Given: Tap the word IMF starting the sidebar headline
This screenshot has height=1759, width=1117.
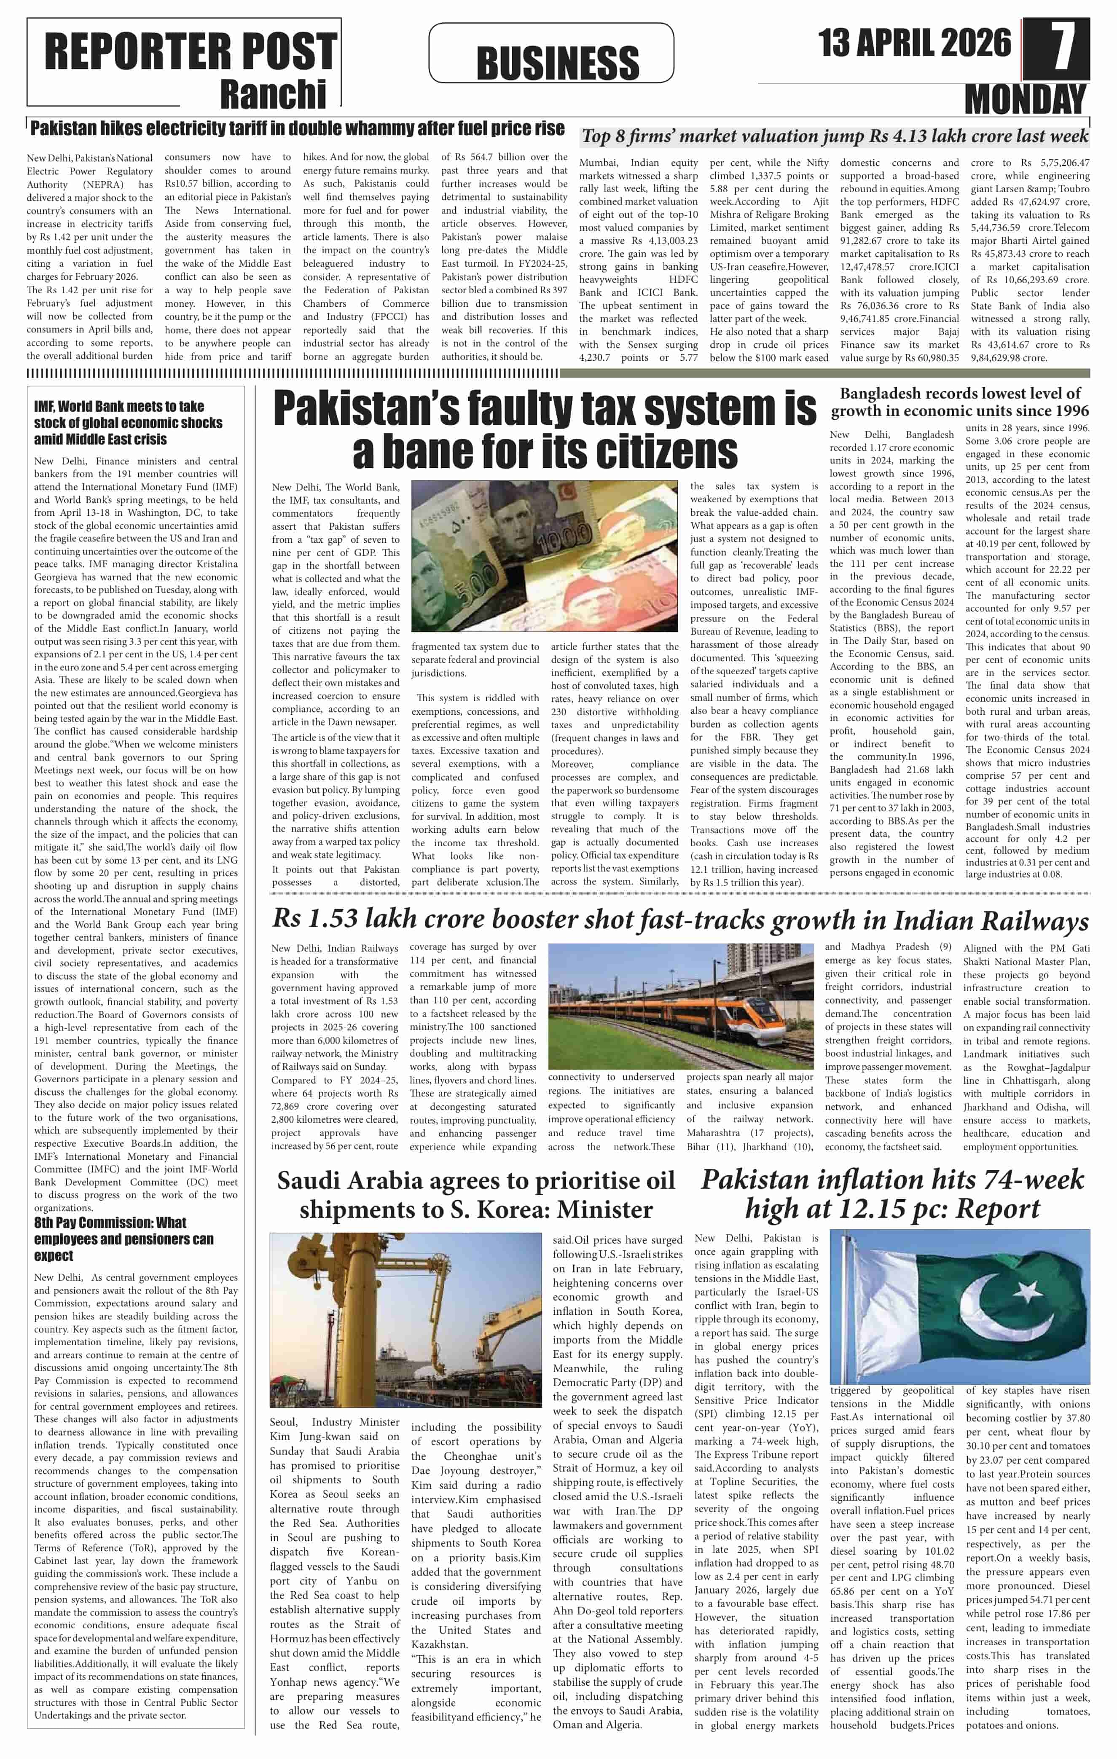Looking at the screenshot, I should pyautogui.click(x=45, y=406).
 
